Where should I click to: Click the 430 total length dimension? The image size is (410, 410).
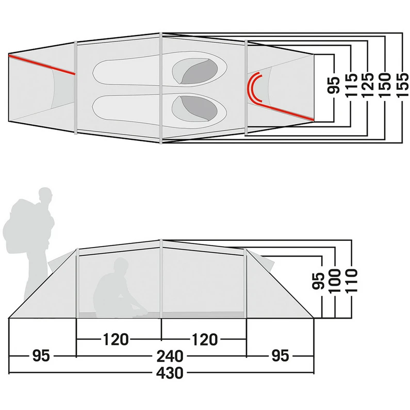click(x=170, y=373)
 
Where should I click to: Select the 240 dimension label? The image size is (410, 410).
click(x=170, y=356)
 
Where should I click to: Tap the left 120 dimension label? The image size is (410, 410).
click(x=116, y=339)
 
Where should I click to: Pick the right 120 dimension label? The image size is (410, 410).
click(x=204, y=339)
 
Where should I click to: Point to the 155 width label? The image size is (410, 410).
click(x=402, y=85)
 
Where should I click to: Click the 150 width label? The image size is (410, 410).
click(x=385, y=85)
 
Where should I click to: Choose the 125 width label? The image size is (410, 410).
click(x=368, y=85)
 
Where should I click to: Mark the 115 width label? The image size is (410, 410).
click(x=351, y=85)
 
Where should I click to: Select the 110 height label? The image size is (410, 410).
click(x=351, y=281)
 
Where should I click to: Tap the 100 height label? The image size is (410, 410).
click(x=335, y=281)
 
